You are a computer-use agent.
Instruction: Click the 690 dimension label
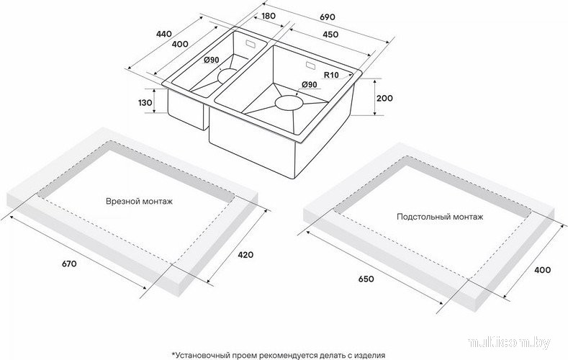point(328,17)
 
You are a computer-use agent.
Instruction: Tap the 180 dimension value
point(268,16)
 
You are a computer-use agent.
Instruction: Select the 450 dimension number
point(330,35)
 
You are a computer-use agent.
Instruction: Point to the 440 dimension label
point(163,34)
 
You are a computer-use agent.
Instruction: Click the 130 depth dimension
point(145,103)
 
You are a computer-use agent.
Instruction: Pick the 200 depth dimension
point(384,98)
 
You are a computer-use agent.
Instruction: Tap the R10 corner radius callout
point(331,75)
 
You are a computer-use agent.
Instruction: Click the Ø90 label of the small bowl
point(211,60)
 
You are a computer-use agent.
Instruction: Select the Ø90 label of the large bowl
point(310,84)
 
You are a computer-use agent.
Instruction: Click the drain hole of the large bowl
point(289,102)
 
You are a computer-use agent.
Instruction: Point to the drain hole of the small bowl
point(227,76)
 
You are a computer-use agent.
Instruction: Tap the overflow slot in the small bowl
point(251,44)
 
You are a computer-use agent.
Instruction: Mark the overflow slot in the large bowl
point(311,66)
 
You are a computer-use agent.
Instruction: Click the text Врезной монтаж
point(140,201)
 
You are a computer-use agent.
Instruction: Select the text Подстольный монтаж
point(440,217)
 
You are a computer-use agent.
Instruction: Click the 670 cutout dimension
point(69,264)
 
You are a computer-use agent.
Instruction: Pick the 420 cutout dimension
point(245,255)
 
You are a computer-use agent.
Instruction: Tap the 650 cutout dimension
point(366,279)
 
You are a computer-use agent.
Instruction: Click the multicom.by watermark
point(509,343)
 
